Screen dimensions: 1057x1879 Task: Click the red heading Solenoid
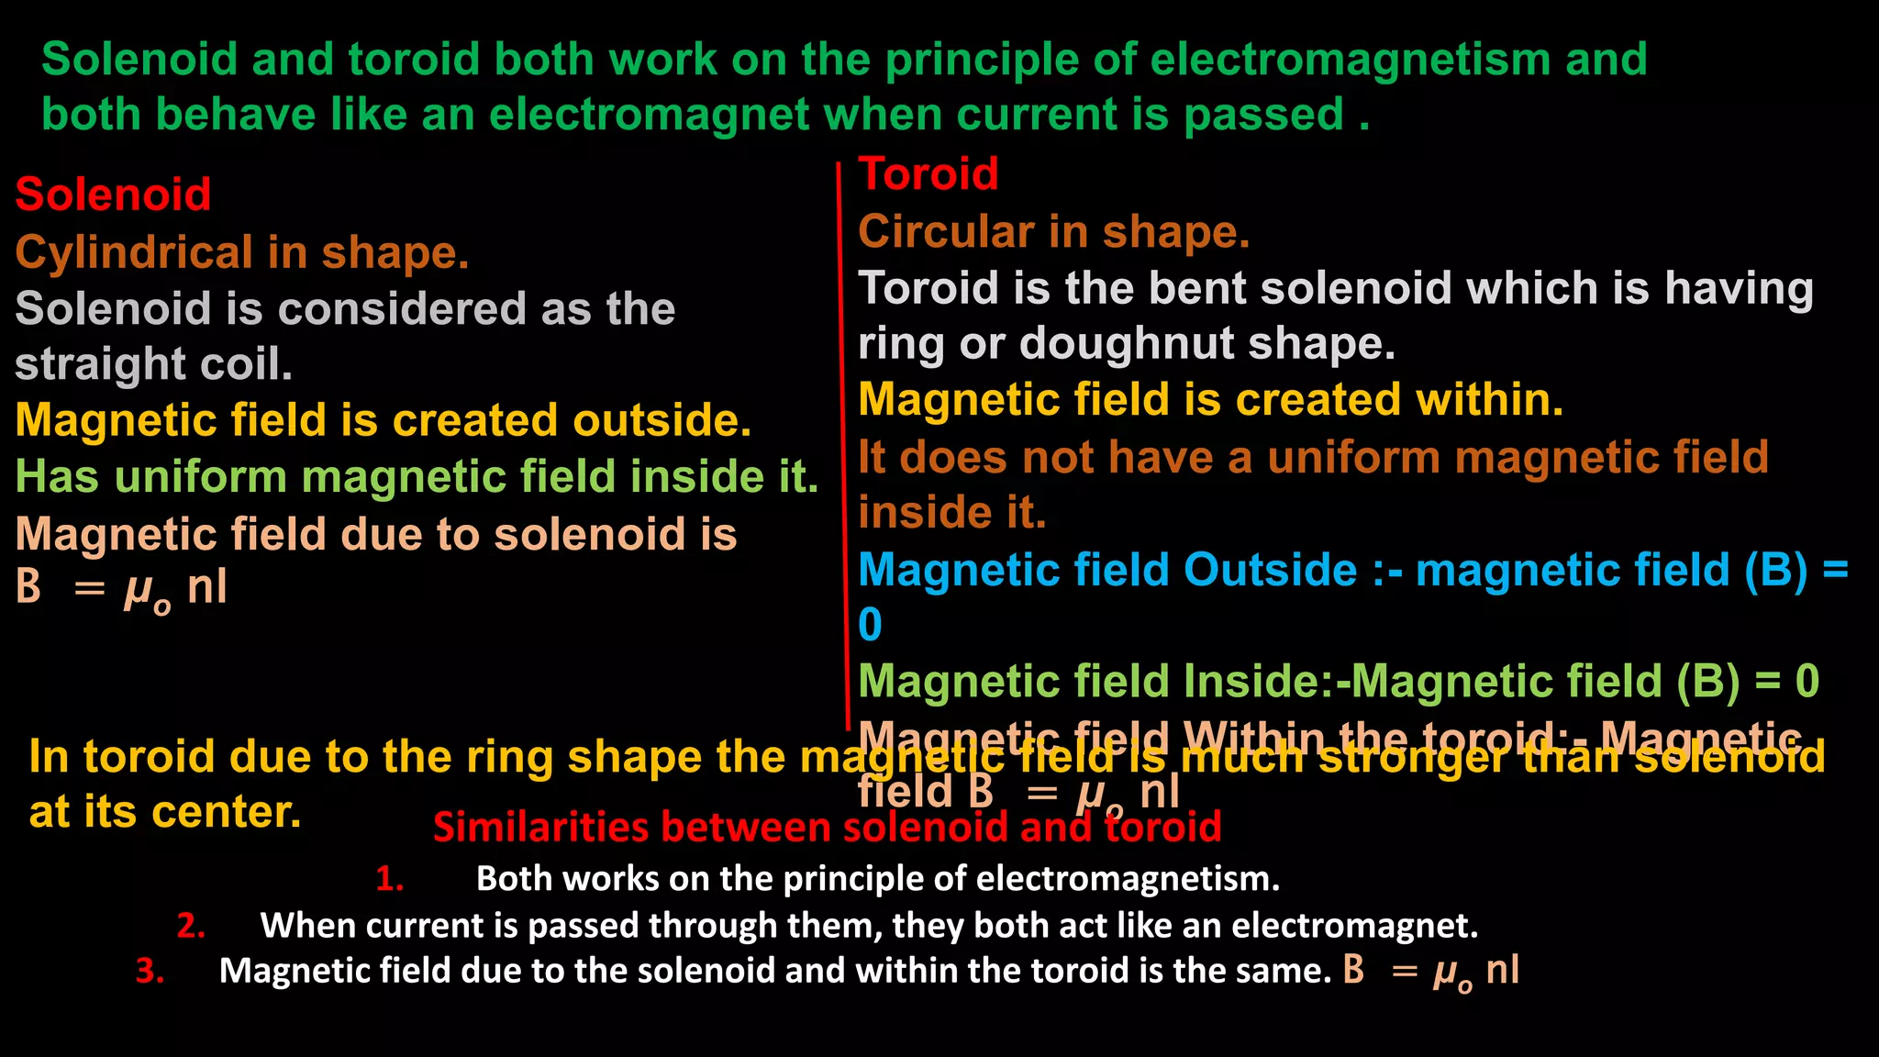(113, 195)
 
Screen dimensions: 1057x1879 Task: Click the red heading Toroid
(928, 174)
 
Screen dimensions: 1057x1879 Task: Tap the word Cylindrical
(134, 252)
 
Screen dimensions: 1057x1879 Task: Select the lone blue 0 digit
(870, 626)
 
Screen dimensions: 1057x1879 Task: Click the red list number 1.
(389, 879)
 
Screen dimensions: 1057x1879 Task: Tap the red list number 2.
(190, 925)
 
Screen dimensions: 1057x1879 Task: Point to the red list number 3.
(150, 971)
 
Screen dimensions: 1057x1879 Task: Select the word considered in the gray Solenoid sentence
(402, 309)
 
